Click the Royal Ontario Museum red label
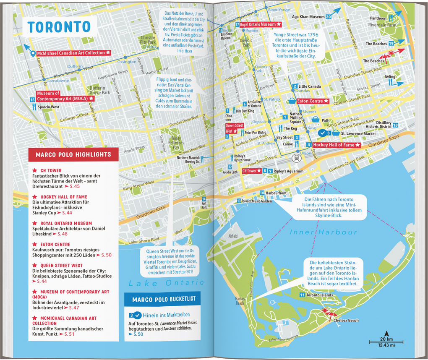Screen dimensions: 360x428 [x=261, y=25]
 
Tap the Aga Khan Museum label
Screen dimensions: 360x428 [x=308, y=17]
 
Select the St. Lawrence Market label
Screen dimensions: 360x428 [x=358, y=133]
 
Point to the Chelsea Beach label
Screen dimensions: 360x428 [x=347, y=321]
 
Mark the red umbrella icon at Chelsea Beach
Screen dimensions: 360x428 [x=326, y=312]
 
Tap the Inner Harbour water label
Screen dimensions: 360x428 [x=323, y=232]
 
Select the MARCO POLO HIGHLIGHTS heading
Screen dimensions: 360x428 [x=73, y=155]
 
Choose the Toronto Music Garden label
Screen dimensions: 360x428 [x=256, y=201]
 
